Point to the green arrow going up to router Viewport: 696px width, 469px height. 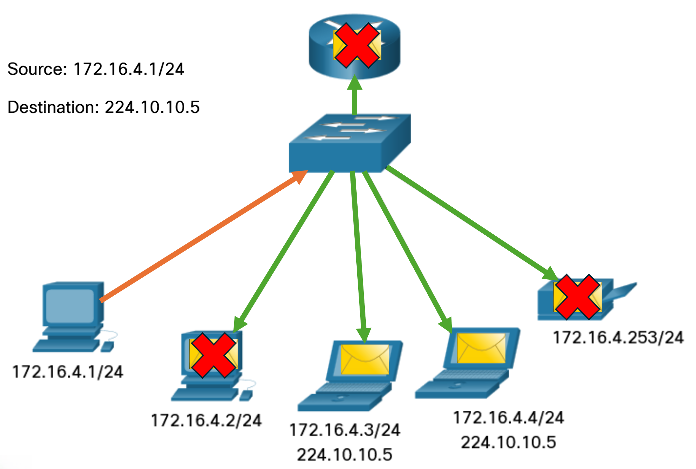point(355,98)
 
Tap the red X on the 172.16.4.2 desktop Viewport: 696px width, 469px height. point(213,355)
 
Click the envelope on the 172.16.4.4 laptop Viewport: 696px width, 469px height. point(481,348)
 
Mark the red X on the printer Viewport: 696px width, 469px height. point(577,297)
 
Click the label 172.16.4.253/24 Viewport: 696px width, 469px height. point(618,338)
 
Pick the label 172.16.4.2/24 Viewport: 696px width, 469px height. point(206,420)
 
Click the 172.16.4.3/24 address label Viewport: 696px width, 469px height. point(345,430)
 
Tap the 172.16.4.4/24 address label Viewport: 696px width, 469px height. point(508,418)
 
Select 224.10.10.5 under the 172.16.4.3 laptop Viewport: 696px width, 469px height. point(345,455)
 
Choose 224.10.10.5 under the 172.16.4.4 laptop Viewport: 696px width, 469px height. point(508,443)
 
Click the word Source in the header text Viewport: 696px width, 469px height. point(37,69)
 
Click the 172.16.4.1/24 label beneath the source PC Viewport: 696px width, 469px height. point(68,372)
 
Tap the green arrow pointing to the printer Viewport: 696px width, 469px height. point(469,222)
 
